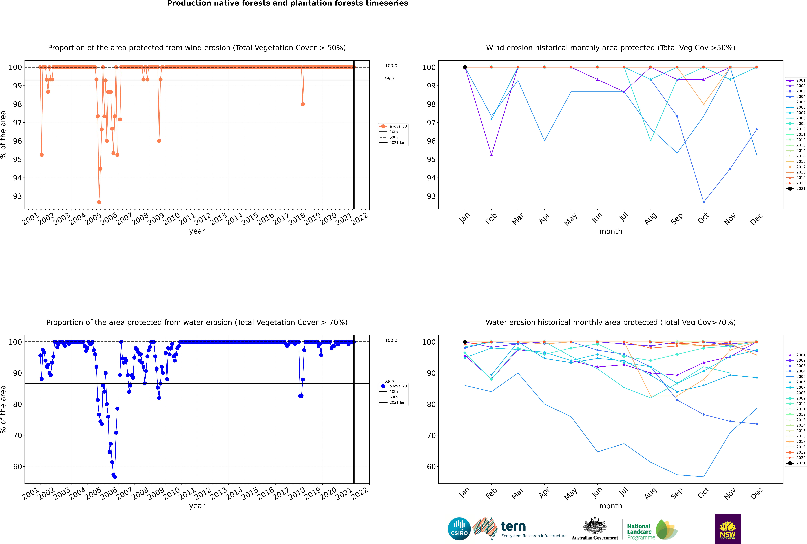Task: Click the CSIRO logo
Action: click(x=459, y=529)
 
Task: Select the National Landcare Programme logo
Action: click(x=652, y=530)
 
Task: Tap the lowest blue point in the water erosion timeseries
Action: click(x=115, y=477)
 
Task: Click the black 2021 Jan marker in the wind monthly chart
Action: click(x=465, y=67)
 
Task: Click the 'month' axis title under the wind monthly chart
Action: click(x=611, y=231)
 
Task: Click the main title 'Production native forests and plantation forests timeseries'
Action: click(x=288, y=3)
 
